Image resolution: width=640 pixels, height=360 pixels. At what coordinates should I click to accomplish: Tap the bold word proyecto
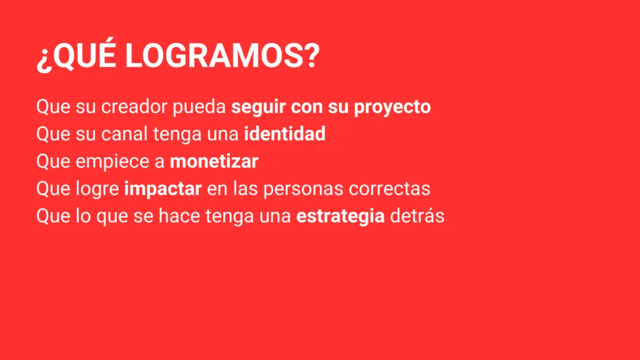click(392, 107)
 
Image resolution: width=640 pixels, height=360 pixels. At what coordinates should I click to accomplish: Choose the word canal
click(122, 134)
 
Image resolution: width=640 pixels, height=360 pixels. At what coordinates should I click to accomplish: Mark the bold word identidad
click(285, 134)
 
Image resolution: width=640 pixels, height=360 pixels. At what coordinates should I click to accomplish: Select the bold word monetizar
click(214, 161)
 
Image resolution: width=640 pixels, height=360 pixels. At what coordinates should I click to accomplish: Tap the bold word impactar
click(162, 189)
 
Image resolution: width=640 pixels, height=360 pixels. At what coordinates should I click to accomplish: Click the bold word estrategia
click(340, 216)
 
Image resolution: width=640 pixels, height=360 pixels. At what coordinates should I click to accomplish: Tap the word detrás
click(417, 216)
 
